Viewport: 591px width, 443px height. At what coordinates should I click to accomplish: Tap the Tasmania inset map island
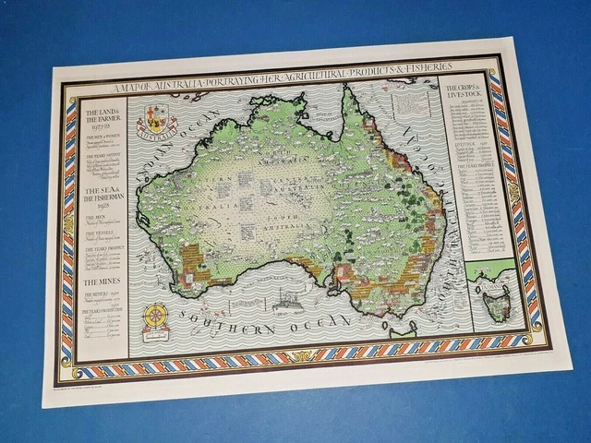498,303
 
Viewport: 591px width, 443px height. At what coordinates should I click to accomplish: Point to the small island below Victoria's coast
398,330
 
